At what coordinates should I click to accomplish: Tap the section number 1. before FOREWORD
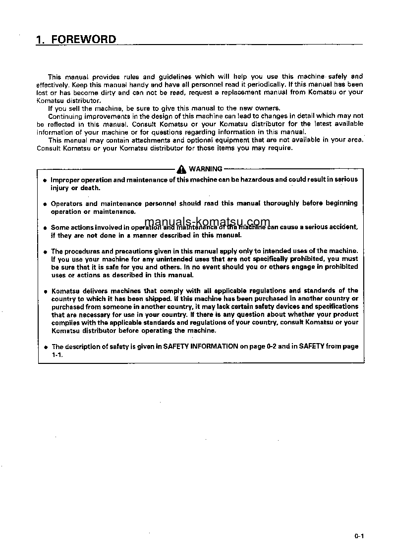[x=41, y=40]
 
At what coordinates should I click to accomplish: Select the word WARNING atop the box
[x=206, y=169]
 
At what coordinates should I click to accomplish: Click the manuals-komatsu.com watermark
[x=208, y=222]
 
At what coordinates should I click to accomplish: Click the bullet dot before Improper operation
[x=45, y=180]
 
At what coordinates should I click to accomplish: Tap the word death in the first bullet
[x=90, y=188]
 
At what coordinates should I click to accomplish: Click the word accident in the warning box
[x=342, y=227]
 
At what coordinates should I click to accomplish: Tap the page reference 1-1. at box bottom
[x=57, y=354]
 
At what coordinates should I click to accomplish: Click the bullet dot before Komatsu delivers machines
[x=45, y=291]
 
